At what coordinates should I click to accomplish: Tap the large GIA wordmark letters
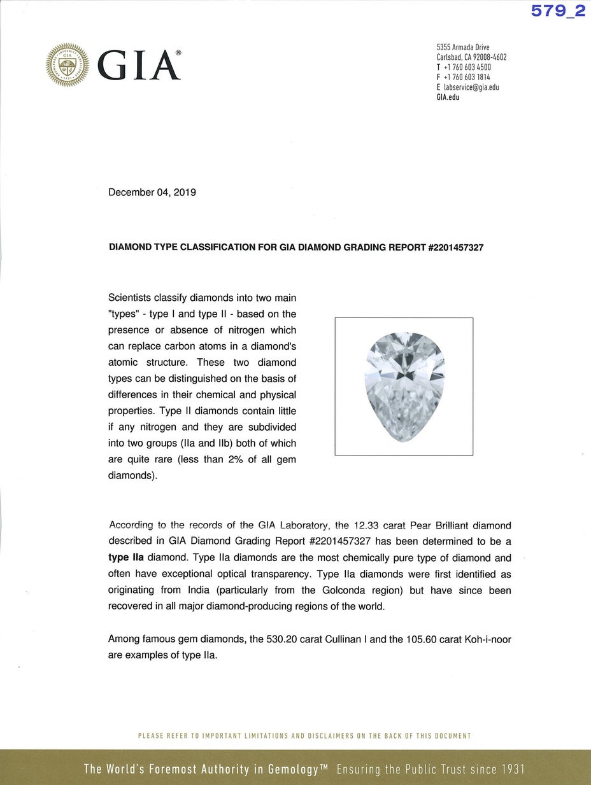pos(139,66)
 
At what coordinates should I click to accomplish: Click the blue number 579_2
pos(558,11)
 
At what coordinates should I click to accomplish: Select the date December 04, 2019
pos(152,192)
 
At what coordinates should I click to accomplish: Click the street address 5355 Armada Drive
pos(463,47)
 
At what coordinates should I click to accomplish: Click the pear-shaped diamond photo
pos(404,387)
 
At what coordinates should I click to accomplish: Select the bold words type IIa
pos(126,558)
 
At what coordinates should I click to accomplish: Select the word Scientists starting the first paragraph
pos(132,297)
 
